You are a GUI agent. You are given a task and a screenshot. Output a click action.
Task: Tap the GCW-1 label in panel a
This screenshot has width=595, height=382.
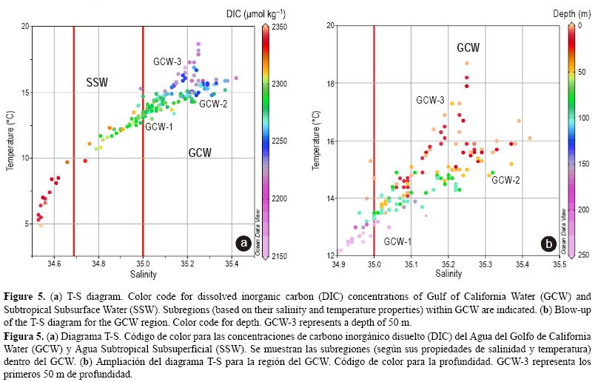tap(158, 127)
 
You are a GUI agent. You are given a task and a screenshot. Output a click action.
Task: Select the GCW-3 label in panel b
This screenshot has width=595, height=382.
tap(430, 100)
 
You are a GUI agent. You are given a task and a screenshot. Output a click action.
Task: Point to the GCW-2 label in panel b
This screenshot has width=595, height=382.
tap(505, 180)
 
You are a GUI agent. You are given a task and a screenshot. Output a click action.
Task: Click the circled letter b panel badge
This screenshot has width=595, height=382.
tap(548, 243)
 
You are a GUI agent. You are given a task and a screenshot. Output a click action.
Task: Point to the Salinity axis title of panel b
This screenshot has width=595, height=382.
tap(448, 273)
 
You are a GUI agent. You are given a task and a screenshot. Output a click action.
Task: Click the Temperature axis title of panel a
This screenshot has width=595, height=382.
tap(11, 141)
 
